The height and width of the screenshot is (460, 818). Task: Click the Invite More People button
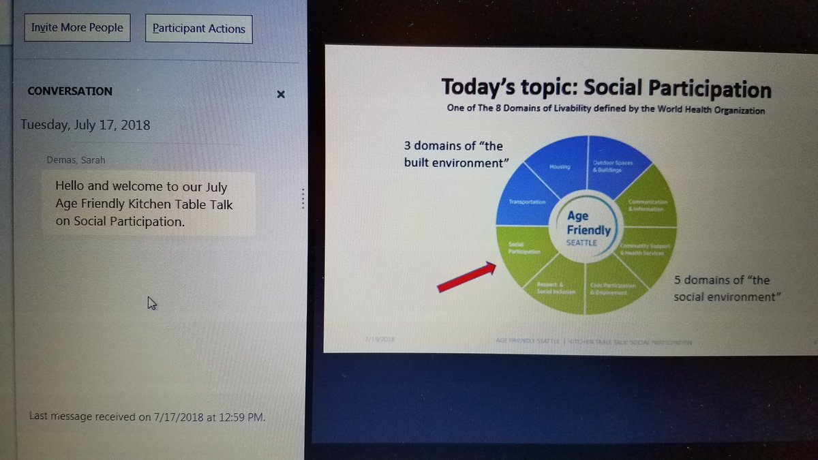coord(77,28)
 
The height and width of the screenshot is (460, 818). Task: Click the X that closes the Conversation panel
coord(281,95)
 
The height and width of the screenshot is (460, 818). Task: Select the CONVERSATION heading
coord(70,91)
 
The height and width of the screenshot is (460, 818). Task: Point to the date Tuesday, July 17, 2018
coord(85,125)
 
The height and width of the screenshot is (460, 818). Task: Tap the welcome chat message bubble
coord(147,203)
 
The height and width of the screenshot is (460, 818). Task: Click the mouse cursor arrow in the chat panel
coord(151,303)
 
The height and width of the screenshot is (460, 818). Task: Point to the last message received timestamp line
coord(147,416)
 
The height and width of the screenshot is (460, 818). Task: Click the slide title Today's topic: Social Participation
coord(606,89)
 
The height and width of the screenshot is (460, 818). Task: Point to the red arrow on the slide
coord(466,278)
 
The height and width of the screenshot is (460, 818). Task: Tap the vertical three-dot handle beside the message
coord(303,198)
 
